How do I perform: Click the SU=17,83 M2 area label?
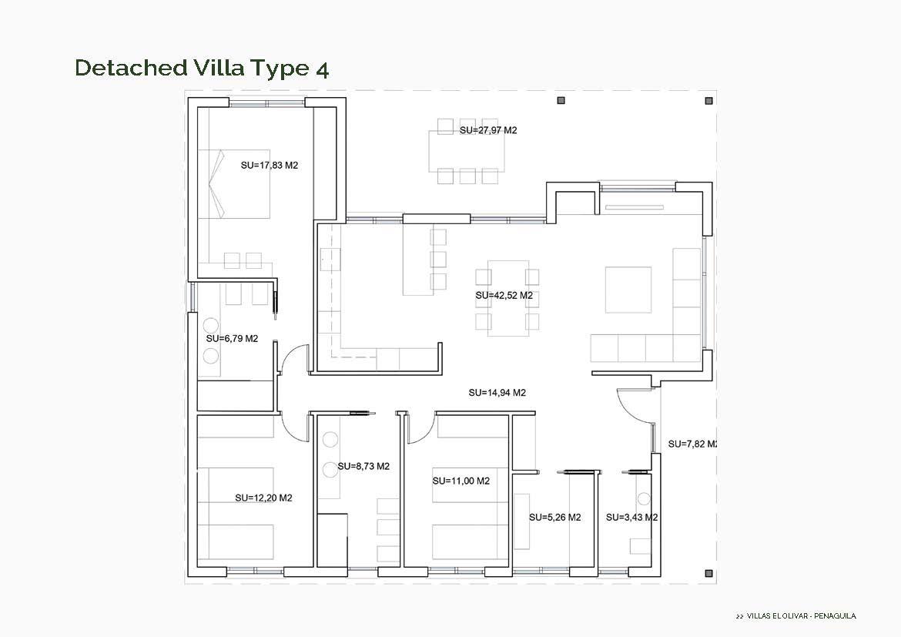coord(269,165)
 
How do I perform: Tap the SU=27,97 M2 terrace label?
coord(488,130)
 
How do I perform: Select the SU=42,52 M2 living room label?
coord(504,295)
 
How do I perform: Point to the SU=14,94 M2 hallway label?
coord(497,393)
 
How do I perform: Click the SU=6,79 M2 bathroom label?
coord(232,338)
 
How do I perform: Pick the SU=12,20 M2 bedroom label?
coord(263,498)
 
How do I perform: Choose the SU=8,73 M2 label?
coord(363,467)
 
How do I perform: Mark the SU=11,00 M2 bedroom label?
coord(461,481)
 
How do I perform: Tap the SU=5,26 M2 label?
coord(554,518)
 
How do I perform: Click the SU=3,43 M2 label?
coord(631,518)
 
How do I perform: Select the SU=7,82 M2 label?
coord(692,444)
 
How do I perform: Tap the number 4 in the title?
coord(322,69)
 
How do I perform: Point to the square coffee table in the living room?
coord(628,290)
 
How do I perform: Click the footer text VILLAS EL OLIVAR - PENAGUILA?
coord(801,616)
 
